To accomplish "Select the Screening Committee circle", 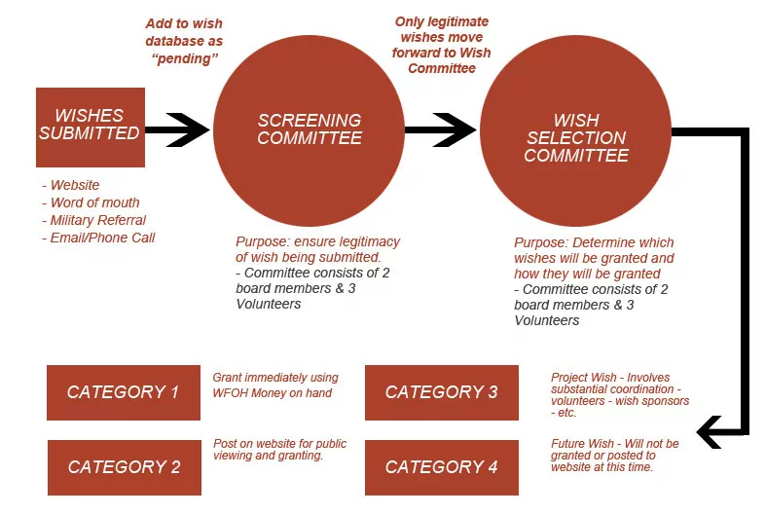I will point(309,130).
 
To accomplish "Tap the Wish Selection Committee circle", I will point(576,136).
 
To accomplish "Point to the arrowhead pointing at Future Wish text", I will point(711,429).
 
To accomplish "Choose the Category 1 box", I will point(123,392).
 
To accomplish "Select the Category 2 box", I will point(124,467).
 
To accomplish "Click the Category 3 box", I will point(441,392).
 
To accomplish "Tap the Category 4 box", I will point(441,467).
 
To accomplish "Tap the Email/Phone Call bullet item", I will point(102,238).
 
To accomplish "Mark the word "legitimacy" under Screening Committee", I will point(365,241).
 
